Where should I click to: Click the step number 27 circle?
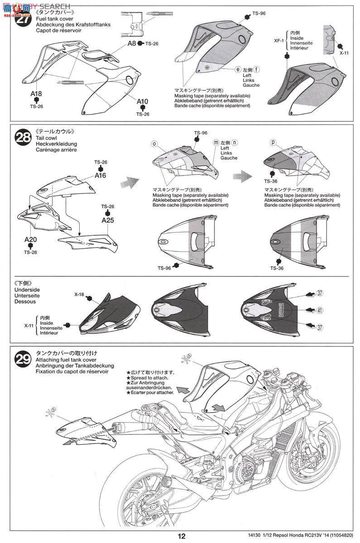click(x=22, y=20)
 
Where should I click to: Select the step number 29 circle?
click(x=23, y=359)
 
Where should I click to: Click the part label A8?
click(x=131, y=43)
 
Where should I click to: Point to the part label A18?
click(x=36, y=94)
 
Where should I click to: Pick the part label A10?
click(x=143, y=101)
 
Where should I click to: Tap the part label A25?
click(x=108, y=221)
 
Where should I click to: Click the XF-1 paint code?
click(x=279, y=40)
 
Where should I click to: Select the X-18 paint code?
click(x=80, y=294)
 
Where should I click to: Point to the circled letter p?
click(x=273, y=143)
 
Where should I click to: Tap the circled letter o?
click(x=154, y=143)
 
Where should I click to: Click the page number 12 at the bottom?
click(x=181, y=537)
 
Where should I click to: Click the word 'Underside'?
click(x=27, y=289)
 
